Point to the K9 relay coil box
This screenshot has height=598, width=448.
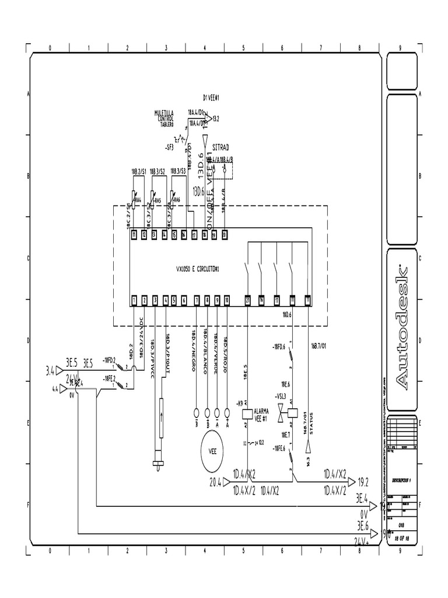pyautogui.click(x=247, y=413)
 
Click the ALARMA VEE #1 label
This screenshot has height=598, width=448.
pyautogui.click(x=261, y=413)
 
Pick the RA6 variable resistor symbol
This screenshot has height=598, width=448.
pyautogui.click(x=173, y=201)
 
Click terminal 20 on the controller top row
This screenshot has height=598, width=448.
pyautogui.click(x=224, y=235)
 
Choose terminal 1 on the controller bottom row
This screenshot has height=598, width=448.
pyautogui.click(x=134, y=300)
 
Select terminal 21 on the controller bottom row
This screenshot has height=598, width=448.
pyautogui.click(x=247, y=300)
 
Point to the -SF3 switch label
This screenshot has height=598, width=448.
pyautogui.click(x=170, y=147)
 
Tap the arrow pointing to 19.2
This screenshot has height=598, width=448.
pyautogui.click(x=352, y=482)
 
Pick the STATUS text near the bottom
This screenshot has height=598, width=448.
pyautogui.click(x=311, y=422)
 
